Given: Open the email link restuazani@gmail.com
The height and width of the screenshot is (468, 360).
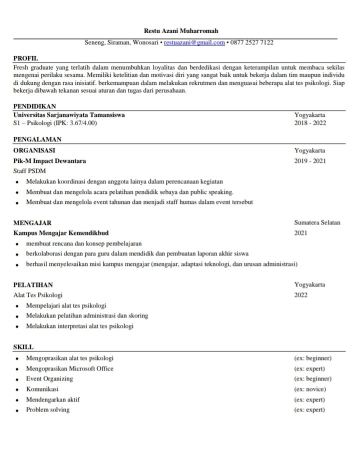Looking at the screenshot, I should [x=194, y=42].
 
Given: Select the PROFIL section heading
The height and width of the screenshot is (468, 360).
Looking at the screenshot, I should [x=25, y=58].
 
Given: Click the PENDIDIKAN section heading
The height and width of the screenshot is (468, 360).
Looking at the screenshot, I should [x=34, y=106].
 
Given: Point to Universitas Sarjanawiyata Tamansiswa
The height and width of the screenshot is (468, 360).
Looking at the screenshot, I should [x=69, y=114].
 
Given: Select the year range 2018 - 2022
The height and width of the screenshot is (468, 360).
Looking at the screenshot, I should [x=310, y=123].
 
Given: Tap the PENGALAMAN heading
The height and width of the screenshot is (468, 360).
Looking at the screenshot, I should [x=37, y=139].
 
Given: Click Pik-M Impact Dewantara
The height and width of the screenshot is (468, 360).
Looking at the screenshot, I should [x=49, y=161].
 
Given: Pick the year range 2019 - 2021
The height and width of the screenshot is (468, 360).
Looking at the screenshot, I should [x=310, y=161].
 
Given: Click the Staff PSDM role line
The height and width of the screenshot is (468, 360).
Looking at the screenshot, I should [x=29, y=171].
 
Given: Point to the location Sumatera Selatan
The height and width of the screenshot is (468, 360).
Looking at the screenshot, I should [x=317, y=222].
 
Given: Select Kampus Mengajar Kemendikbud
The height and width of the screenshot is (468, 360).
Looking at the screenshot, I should [x=61, y=233].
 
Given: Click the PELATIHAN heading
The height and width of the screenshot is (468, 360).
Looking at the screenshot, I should [x=33, y=284].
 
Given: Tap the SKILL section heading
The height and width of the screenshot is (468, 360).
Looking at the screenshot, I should [x=23, y=346].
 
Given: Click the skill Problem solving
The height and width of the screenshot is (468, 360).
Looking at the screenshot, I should [x=48, y=410].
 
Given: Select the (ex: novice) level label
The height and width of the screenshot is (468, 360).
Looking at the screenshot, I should [x=310, y=389].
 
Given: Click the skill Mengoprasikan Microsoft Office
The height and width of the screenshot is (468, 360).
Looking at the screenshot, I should [x=70, y=368].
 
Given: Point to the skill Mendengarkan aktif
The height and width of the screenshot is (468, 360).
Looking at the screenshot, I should [x=53, y=399].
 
